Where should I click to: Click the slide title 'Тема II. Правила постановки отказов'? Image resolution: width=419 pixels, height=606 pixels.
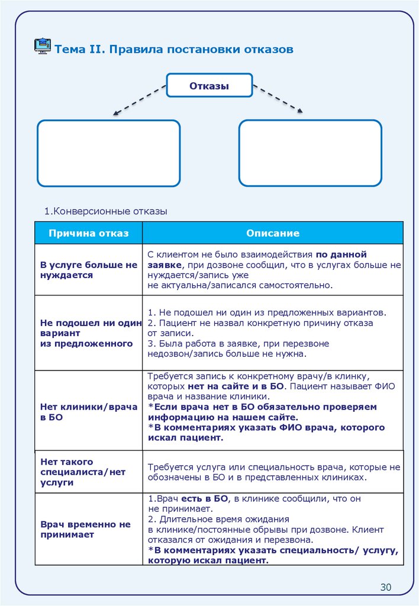174,49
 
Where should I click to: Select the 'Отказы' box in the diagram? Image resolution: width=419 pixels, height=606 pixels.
209,86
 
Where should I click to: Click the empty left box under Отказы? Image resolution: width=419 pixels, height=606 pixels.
108,153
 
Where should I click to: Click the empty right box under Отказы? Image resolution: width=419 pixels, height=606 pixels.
310,153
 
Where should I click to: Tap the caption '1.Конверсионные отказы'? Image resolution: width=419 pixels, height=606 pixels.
106,211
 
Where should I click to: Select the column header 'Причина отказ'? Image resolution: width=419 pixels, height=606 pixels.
88,233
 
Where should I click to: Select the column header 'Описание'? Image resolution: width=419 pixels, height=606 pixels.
273,233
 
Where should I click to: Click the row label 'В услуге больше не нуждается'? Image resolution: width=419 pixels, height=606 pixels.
89,270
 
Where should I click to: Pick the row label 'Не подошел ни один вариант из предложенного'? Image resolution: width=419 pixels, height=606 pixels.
90,333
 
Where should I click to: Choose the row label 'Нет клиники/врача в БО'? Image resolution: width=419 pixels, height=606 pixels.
89,412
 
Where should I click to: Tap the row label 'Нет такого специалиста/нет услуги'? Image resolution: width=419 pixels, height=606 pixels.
83,472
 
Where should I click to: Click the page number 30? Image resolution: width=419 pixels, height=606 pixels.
386,587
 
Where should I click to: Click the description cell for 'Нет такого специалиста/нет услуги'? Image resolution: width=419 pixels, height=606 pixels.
273,472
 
